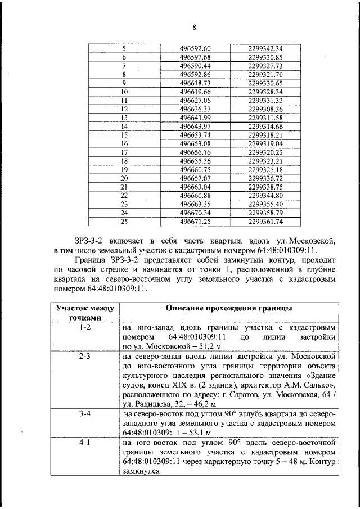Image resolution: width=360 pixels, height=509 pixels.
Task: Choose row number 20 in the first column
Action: (x=124, y=178)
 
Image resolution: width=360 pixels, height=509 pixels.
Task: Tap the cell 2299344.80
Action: (x=264, y=196)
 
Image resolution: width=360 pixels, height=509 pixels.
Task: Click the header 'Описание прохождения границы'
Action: (x=229, y=309)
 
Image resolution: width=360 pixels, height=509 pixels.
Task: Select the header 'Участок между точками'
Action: (x=84, y=313)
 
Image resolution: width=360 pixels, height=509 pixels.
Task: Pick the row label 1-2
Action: (x=84, y=327)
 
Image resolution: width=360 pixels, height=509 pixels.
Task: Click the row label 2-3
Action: (x=84, y=357)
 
